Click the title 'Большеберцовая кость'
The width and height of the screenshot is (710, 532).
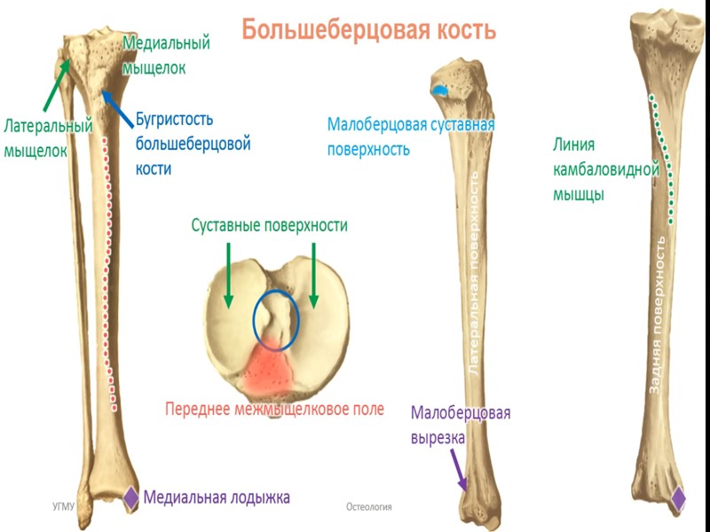pyautogui.click(x=368, y=29)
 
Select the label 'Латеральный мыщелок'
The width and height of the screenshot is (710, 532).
pyautogui.click(x=48, y=138)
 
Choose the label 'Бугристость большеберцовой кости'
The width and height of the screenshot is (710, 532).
pyautogui.click(x=193, y=143)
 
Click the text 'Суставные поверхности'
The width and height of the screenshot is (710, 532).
pyautogui.click(x=269, y=225)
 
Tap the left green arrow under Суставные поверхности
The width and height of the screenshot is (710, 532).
pyautogui.click(x=228, y=275)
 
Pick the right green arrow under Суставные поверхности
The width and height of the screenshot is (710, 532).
pyautogui.click(x=313, y=275)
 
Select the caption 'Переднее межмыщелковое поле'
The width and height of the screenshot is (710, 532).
pyautogui.click(x=275, y=409)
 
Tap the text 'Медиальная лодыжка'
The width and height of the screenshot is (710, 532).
pyautogui.click(x=217, y=497)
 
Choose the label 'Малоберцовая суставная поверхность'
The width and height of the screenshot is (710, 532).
pyautogui.click(x=410, y=136)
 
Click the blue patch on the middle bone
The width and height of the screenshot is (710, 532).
pyautogui.click(x=440, y=90)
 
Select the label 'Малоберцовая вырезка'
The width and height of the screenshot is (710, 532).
pyautogui.click(x=460, y=425)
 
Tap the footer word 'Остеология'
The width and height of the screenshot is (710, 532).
pyautogui.click(x=369, y=506)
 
